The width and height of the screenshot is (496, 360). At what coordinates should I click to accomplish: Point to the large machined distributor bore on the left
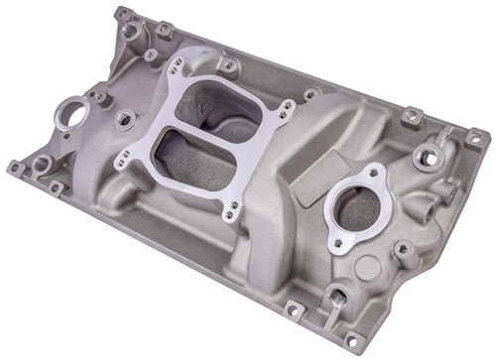click(x=70, y=111)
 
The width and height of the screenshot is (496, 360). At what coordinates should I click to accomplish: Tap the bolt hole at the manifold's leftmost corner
click(x=14, y=168)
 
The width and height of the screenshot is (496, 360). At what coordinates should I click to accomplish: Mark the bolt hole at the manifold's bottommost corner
click(x=349, y=342)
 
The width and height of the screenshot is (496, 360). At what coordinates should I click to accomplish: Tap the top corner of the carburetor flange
click(x=178, y=64)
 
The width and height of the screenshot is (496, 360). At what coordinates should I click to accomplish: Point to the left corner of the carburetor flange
click(x=122, y=159)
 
